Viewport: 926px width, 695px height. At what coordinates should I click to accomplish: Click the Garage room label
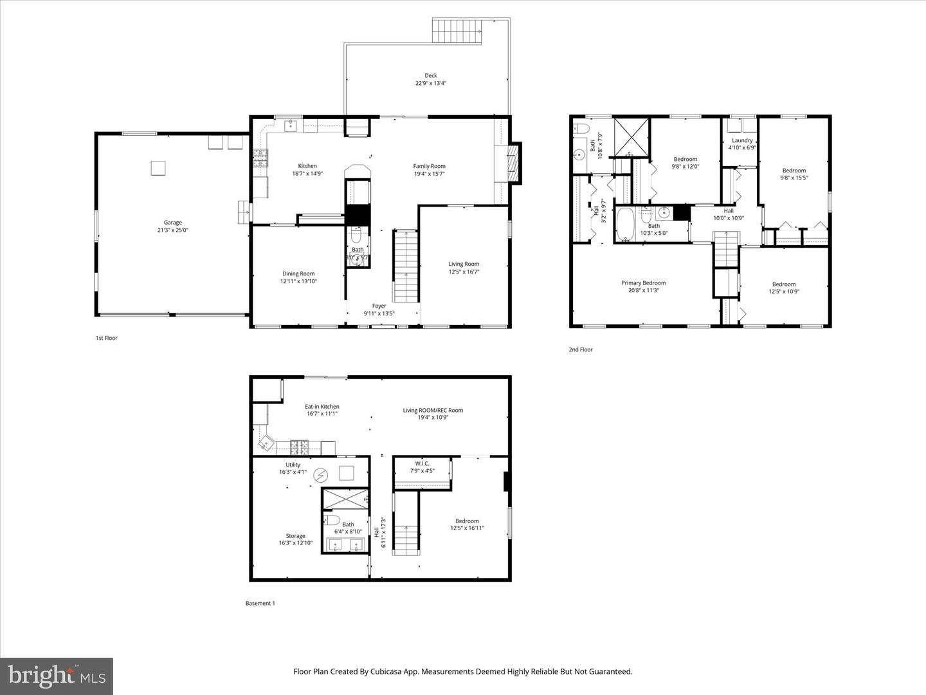[x=172, y=223]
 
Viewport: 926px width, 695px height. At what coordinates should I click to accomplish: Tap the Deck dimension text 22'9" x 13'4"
[x=430, y=83]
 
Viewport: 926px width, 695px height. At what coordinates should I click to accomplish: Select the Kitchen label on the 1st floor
[x=307, y=166]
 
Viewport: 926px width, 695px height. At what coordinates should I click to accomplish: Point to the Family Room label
[x=429, y=166]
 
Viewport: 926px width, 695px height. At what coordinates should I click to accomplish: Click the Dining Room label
[x=298, y=273]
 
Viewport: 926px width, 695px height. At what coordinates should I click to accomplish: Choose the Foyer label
[x=379, y=306]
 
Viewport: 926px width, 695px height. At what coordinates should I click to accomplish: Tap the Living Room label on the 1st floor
[x=464, y=264]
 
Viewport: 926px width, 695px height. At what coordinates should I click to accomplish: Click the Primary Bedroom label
[x=643, y=283]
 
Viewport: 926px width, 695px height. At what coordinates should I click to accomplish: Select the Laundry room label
[x=742, y=140]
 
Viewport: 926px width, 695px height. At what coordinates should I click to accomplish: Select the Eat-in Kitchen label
[x=322, y=407]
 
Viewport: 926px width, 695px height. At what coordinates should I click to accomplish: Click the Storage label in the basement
[x=296, y=535]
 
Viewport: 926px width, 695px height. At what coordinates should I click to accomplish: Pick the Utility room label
[x=293, y=465]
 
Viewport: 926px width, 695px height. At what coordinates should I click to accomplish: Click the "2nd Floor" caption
[x=580, y=349]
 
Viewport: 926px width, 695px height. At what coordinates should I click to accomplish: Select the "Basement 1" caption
[x=260, y=603]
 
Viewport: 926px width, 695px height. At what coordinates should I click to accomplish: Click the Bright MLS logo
[x=57, y=676]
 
